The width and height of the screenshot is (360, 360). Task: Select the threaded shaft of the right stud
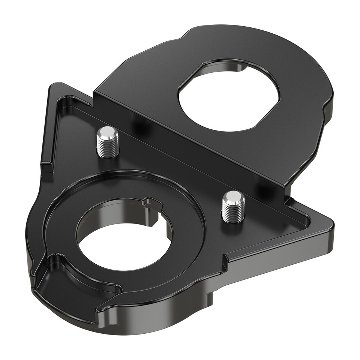pyautogui.click(x=233, y=212)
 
